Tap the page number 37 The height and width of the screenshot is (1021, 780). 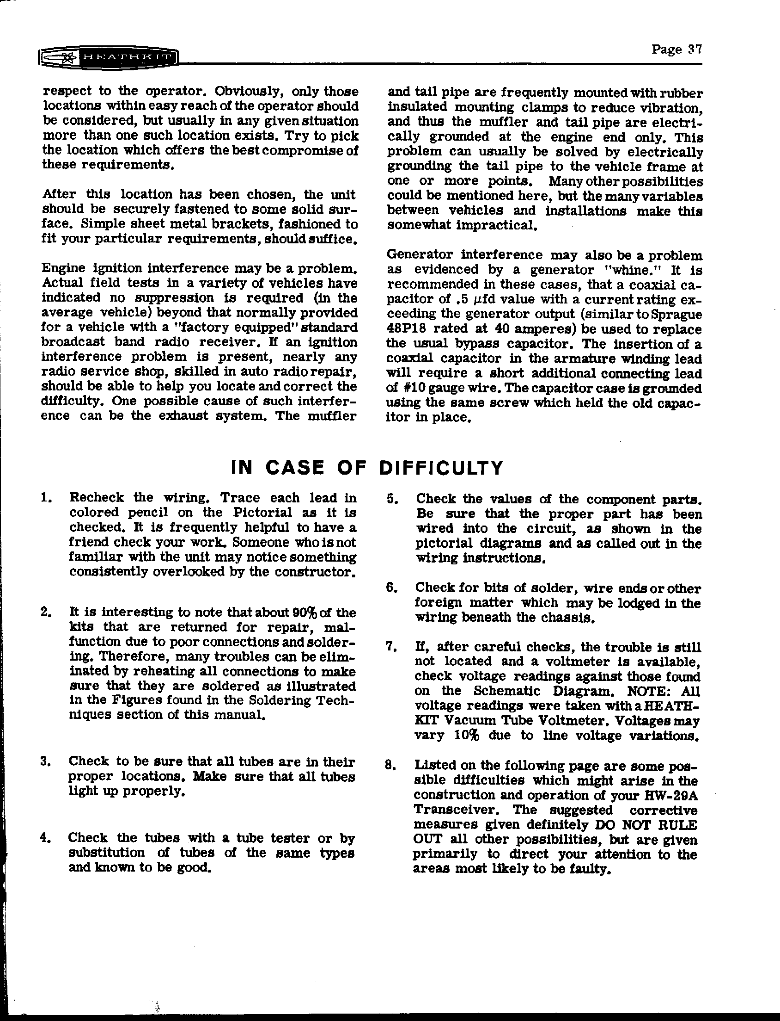pyautogui.click(x=676, y=49)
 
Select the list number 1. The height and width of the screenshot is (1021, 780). pyautogui.click(x=45, y=498)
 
